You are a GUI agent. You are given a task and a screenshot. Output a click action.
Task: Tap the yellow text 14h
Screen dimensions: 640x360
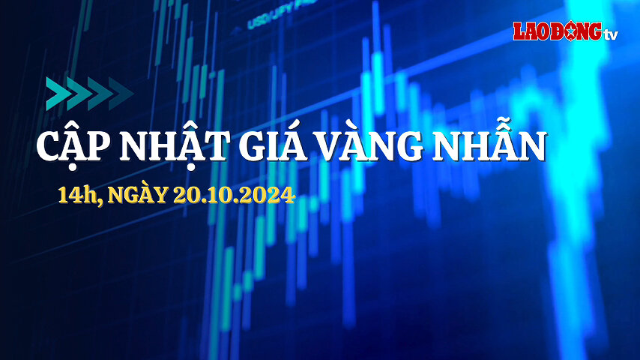point(79,195)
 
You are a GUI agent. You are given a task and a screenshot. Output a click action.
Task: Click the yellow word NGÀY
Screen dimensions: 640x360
point(138,194)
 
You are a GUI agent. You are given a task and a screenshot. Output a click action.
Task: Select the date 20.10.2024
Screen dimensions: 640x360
point(234,195)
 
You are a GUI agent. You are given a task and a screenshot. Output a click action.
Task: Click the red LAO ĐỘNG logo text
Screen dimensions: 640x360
point(558,31)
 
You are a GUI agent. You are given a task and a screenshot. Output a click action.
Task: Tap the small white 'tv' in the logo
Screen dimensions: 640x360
point(611,34)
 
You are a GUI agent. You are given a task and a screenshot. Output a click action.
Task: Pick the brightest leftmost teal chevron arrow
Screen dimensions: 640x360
point(58,94)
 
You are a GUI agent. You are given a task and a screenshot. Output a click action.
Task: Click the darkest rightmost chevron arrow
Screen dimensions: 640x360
point(121,94)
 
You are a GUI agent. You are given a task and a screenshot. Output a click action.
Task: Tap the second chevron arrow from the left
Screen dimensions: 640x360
point(79,94)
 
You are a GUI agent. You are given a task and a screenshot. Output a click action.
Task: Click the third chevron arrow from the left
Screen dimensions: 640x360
point(100,94)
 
